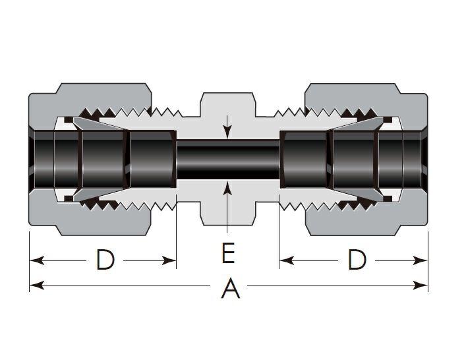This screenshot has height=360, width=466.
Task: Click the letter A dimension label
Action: click(x=230, y=288)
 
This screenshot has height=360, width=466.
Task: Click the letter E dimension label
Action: click(x=228, y=253)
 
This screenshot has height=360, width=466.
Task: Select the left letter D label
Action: click(x=105, y=260)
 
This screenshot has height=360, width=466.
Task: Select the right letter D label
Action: click(x=357, y=260)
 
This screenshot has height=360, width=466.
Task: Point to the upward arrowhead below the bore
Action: click(x=228, y=189)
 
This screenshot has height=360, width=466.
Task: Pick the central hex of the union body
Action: click(x=228, y=105)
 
